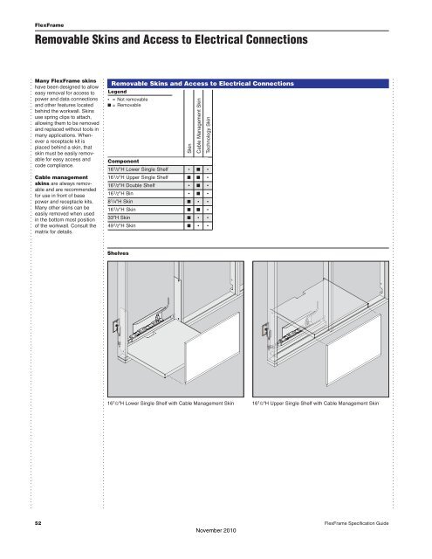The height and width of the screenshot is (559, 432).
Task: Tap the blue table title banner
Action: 202,83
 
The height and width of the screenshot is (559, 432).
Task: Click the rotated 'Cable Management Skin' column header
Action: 200,128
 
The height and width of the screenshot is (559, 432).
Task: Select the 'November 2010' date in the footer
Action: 215,529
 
